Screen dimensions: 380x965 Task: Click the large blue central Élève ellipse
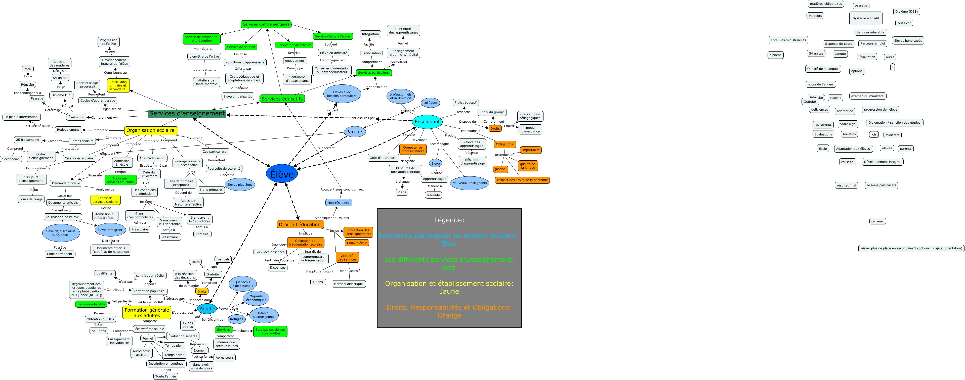coord(282,174)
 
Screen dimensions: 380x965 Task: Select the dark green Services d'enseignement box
coord(187,113)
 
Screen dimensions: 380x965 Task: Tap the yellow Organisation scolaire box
coord(151,130)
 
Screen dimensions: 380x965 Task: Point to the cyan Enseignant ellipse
coord(427,122)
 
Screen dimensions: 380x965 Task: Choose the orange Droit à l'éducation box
coord(300,224)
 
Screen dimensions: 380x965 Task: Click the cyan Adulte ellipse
coord(207,308)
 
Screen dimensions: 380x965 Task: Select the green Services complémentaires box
coord(266,24)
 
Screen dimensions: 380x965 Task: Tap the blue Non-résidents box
coord(338,203)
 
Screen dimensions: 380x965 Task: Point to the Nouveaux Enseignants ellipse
coord(469,183)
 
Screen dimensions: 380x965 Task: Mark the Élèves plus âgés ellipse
coord(240,184)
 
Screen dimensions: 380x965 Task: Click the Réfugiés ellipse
coord(236,319)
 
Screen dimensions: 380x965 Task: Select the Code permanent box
coord(60,254)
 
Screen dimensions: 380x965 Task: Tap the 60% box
coord(28,69)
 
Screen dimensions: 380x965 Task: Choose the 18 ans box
coord(318,282)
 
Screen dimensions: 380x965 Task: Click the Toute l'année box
coord(165,376)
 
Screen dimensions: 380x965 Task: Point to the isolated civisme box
coord(877,221)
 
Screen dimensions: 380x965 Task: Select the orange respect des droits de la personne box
coord(522,180)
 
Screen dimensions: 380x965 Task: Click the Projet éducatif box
coord(466,102)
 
